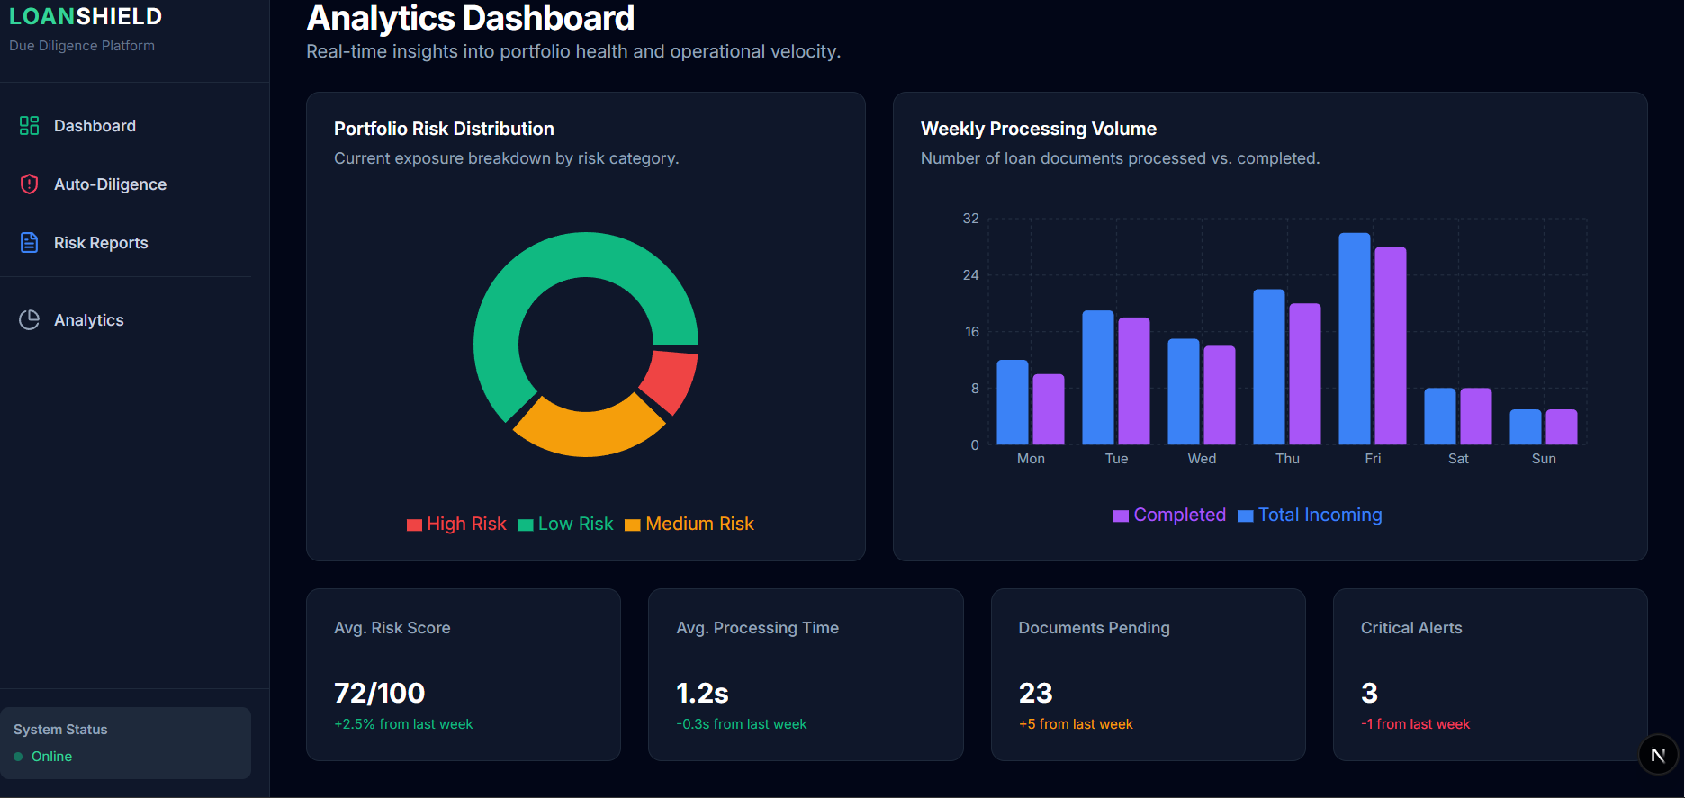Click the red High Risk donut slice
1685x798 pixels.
pos(670,380)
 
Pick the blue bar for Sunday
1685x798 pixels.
pos(1525,427)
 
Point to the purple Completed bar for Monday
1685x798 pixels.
pos(1048,409)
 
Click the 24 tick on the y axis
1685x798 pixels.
pos(970,275)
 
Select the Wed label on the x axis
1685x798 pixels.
pos(1202,459)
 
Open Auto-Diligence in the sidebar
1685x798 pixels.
pos(110,184)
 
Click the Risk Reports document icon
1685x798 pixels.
pos(30,243)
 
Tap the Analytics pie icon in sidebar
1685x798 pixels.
pos(30,320)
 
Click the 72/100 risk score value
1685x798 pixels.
pos(379,693)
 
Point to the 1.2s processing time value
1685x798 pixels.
pos(702,693)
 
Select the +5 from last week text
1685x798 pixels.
pos(1076,724)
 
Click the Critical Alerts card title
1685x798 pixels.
pos(1410,628)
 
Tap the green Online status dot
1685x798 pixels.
pos(18,757)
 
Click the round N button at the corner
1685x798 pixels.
pos(1658,755)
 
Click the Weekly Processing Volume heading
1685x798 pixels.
pos(1038,129)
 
